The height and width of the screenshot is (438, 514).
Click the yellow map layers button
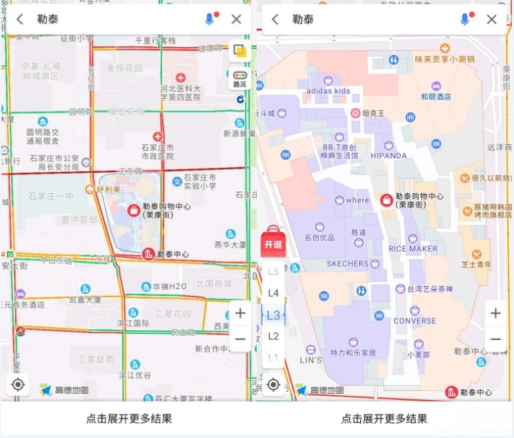(239, 52)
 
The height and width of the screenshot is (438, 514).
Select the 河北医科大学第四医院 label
(181, 93)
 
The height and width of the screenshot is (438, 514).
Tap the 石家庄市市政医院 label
(158, 152)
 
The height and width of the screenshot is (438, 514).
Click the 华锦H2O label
(169, 286)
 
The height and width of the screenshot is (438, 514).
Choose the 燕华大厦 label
(230, 245)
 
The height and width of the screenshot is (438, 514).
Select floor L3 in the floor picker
(273, 315)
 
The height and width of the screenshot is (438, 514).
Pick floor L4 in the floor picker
(273, 293)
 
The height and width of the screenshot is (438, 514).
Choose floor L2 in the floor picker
(273, 336)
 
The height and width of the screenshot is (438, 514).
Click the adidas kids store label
(328, 90)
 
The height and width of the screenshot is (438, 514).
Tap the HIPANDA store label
(388, 155)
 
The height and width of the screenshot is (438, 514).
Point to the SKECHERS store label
(348, 263)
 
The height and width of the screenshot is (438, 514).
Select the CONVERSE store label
(415, 321)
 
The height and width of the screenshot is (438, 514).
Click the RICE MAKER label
(413, 248)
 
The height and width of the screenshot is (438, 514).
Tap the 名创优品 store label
(319, 238)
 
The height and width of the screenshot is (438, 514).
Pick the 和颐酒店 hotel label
(435, 97)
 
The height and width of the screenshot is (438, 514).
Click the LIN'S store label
(310, 359)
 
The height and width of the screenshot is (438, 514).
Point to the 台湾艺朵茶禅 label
(429, 289)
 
